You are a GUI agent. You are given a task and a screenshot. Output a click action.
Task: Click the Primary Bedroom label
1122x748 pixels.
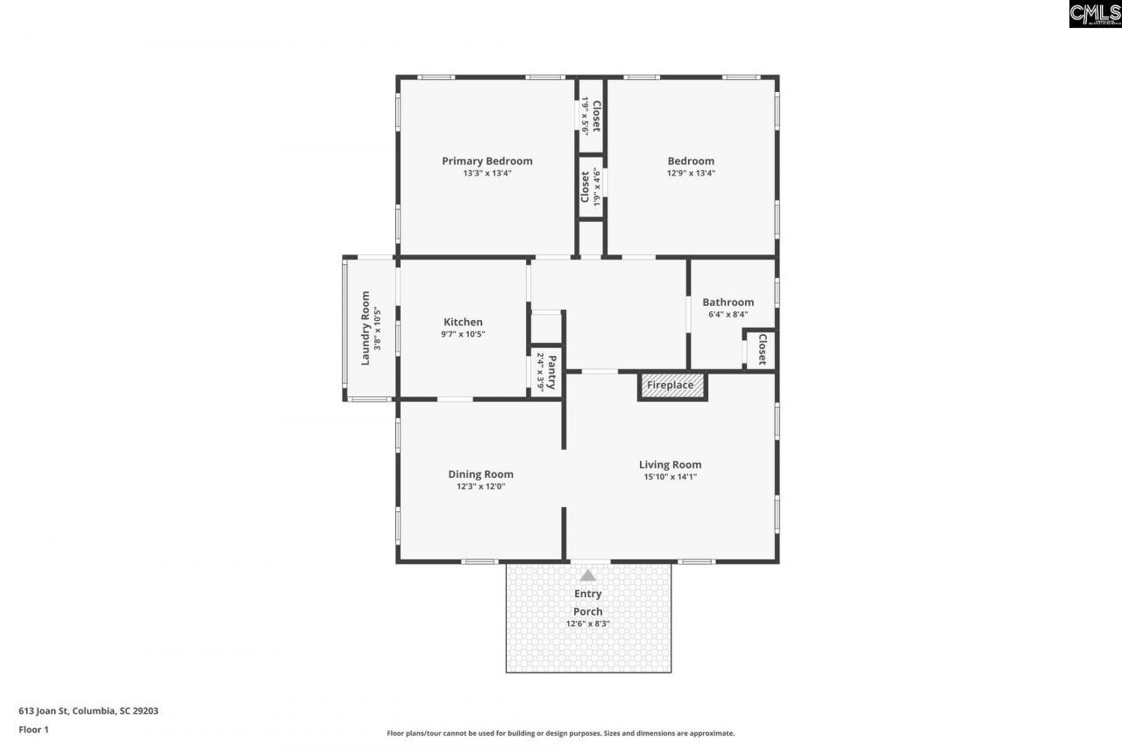[x=486, y=160]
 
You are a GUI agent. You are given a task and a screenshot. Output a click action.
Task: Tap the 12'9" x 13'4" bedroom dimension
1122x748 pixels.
[x=691, y=174]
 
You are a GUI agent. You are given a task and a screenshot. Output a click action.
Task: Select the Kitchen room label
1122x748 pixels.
[x=463, y=322]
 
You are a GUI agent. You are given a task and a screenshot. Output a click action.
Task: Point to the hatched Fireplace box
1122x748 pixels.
[x=671, y=386]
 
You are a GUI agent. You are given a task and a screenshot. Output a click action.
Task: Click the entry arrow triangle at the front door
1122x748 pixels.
[x=588, y=575]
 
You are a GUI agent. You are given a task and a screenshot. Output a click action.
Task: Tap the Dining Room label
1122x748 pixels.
[x=480, y=474]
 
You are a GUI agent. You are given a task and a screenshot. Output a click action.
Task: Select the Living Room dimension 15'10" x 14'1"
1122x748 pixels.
[x=670, y=477]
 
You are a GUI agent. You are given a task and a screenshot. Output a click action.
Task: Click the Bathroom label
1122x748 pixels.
[x=728, y=303]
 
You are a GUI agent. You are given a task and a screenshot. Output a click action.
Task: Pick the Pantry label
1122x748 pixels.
[x=551, y=371]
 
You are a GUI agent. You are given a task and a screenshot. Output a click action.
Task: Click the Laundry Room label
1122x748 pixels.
[x=366, y=328]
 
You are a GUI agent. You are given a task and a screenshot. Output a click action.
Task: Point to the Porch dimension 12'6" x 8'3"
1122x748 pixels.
[x=587, y=623]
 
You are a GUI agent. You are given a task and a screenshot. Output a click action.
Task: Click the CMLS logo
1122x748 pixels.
[x=1095, y=13]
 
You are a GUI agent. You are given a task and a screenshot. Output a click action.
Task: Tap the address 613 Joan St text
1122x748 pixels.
[x=89, y=711]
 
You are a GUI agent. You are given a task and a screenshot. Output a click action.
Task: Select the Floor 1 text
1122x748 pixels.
[x=33, y=729]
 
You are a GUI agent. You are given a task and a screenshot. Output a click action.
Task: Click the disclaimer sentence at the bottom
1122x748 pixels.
[x=561, y=733]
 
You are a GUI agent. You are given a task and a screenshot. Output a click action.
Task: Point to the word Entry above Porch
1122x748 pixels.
[x=587, y=594]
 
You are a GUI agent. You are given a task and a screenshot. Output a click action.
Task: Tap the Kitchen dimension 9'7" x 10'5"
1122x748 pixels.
[x=463, y=334]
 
